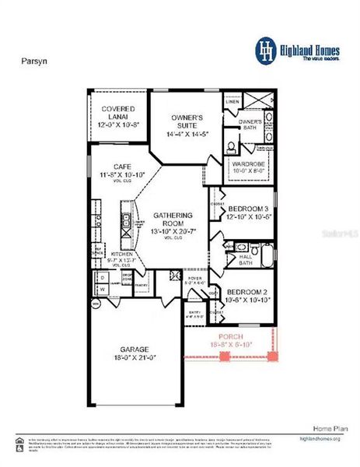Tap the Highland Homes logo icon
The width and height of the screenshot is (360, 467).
tap(267, 49)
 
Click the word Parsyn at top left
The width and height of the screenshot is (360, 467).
tap(31, 58)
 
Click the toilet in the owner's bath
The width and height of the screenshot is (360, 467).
tap(232, 145)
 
